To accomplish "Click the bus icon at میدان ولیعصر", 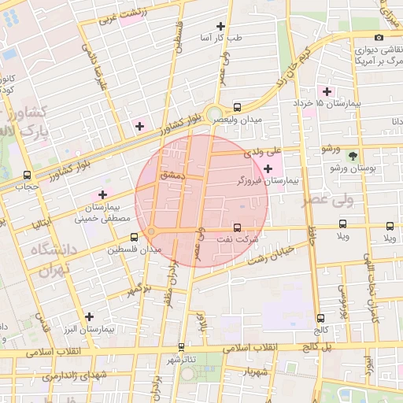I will (237, 107).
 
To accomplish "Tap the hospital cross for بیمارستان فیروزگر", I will (268, 168).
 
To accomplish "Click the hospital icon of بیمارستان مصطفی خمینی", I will (102, 194).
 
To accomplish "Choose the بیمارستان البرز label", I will (90, 328).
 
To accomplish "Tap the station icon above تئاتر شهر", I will (181, 346).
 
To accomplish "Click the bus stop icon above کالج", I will (320, 318).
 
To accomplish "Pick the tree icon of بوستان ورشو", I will (352, 156).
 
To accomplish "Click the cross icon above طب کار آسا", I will (231, 26).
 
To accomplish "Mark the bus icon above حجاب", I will (28, 175).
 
